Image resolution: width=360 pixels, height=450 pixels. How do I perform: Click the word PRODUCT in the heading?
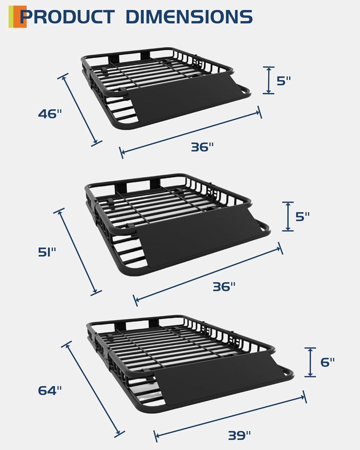[67, 17]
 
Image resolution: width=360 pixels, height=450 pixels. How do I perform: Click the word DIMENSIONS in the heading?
[189, 17]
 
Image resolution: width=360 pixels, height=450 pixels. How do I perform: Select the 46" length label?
[50, 114]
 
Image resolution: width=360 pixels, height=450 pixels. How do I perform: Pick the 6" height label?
[328, 362]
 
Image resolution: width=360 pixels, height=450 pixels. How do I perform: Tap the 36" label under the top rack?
[202, 147]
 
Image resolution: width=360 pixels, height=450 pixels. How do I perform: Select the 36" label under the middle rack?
[224, 287]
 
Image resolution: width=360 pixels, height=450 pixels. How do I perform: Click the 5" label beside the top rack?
[284, 81]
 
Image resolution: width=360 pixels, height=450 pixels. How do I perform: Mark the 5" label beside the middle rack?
[302, 217]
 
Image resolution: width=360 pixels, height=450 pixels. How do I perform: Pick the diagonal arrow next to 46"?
[80, 110]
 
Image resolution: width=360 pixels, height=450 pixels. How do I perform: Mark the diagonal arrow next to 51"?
[77, 252]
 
